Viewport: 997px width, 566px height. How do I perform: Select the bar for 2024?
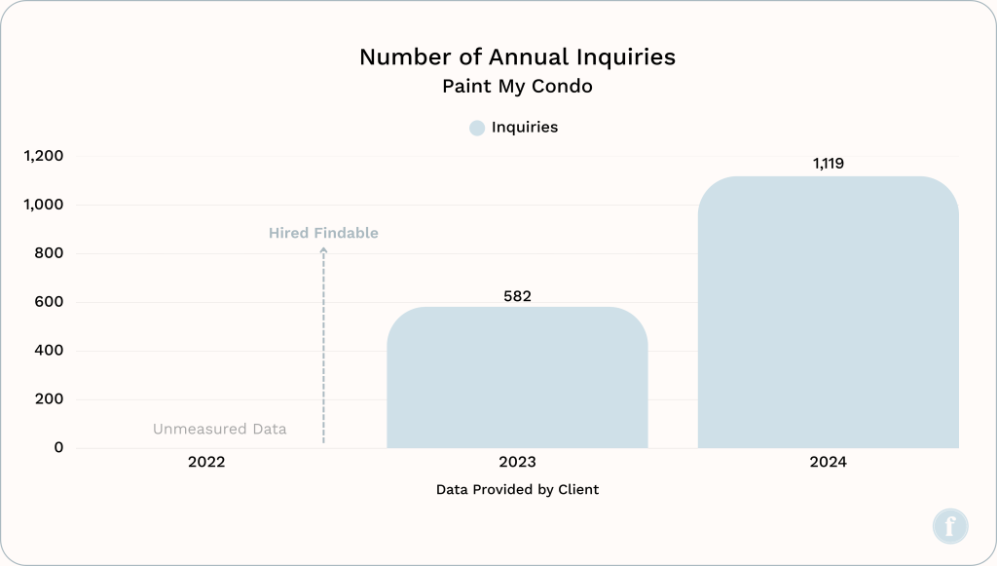coord(828,313)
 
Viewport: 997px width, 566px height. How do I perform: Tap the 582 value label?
coord(517,296)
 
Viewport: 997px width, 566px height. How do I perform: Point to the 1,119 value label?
coord(829,164)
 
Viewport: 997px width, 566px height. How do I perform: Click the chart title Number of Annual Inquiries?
coord(517,57)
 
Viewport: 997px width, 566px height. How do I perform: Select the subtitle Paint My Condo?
coord(517,87)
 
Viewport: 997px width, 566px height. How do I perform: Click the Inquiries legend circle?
coord(477,128)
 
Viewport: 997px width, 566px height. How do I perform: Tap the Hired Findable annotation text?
coord(323,233)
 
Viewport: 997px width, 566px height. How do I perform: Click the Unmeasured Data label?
coord(220,429)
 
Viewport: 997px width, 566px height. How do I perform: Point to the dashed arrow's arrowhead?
coord(323,250)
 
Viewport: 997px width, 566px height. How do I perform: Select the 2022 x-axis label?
coord(206,462)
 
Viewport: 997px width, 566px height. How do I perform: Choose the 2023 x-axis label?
coord(517,462)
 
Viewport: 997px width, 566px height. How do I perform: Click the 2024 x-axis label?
coord(828,462)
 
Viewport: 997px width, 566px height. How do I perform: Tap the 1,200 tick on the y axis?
coord(43,156)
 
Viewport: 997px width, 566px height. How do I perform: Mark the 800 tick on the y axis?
coord(49,253)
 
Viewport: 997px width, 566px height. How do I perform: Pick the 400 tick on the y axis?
coord(49,351)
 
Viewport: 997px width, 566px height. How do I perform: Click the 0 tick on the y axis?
coord(58,448)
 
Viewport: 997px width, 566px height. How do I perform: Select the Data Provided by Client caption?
coord(517,489)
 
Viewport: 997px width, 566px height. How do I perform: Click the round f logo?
coord(950,526)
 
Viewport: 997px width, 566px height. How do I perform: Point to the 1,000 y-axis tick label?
coord(43,205)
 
